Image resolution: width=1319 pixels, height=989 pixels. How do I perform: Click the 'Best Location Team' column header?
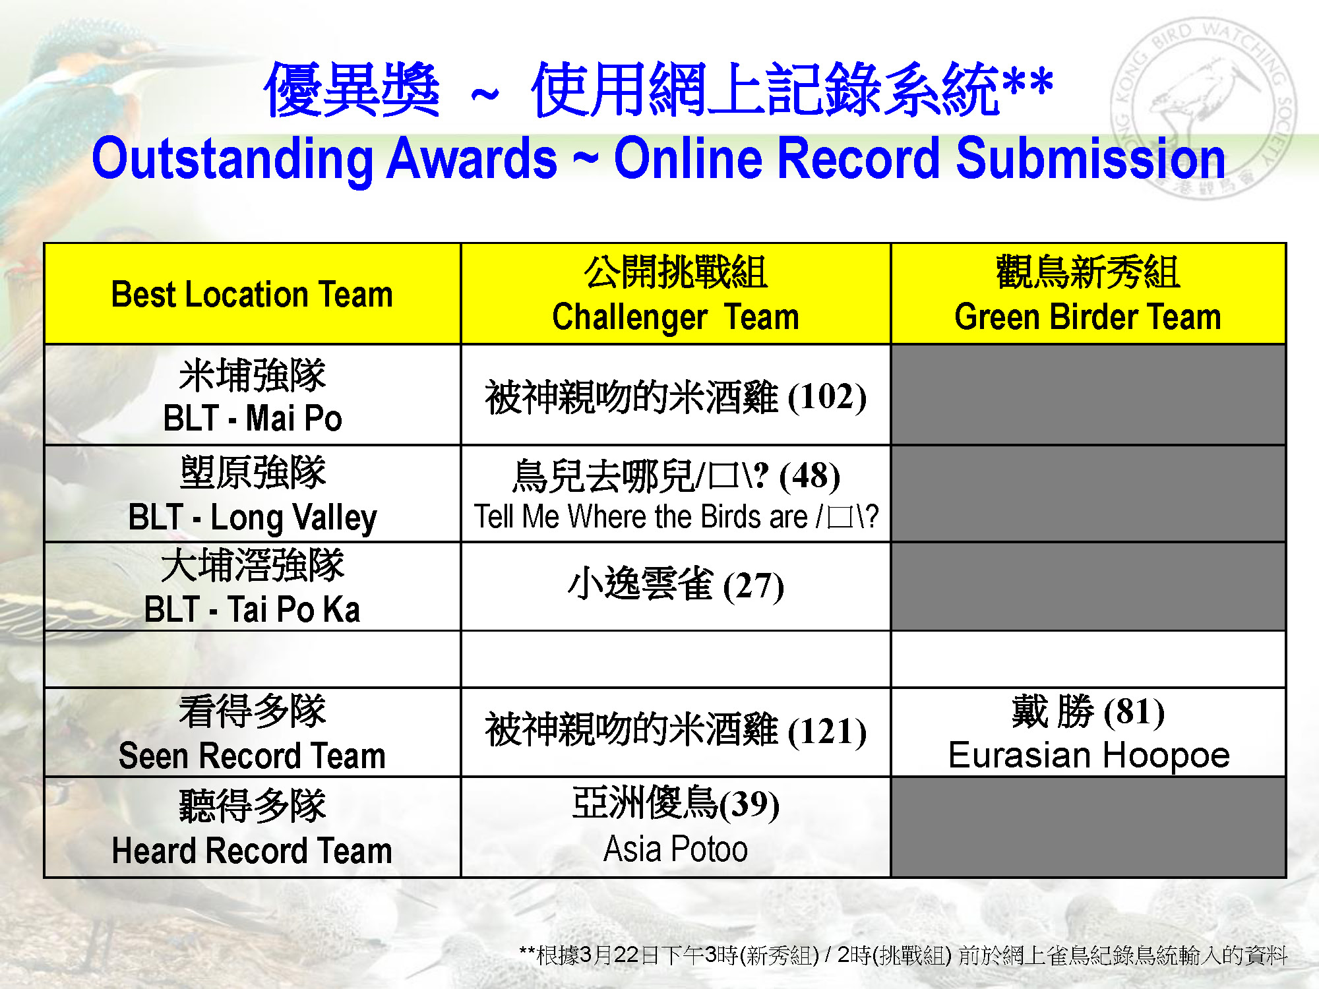point(252,294)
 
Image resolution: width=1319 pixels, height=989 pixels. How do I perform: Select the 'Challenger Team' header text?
point(675,317)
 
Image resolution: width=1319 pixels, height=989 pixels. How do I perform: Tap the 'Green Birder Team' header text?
point(1088,316)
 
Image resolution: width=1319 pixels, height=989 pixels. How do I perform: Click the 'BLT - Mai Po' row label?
point(253,418)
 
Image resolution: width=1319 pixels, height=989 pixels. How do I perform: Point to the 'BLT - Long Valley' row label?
point(253,517)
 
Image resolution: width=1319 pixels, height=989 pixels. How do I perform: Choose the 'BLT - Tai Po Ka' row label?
point(253,609)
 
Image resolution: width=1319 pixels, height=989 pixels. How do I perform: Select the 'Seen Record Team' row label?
point(252,756)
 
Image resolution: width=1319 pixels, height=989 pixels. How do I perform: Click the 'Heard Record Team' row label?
point(252,851)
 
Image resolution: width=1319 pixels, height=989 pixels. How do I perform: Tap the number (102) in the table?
point(827,397)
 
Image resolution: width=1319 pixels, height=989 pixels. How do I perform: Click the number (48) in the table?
point(810,476)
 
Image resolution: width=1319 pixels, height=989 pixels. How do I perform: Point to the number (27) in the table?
point(754,585)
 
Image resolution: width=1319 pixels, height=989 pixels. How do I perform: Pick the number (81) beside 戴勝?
point(1134,711)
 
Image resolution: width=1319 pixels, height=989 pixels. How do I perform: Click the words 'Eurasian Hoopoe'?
point(1089,755)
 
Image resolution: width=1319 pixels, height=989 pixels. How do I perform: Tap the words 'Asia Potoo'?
point(675,849)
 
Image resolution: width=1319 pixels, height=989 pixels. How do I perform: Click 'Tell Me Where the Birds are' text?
point(640,517)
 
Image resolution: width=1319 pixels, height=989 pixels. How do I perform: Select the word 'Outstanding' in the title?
point(233,159)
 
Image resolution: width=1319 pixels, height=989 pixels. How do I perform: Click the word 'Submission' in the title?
point(1091,158)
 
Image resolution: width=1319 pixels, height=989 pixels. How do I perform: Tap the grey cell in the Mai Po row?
point(1088,394)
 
